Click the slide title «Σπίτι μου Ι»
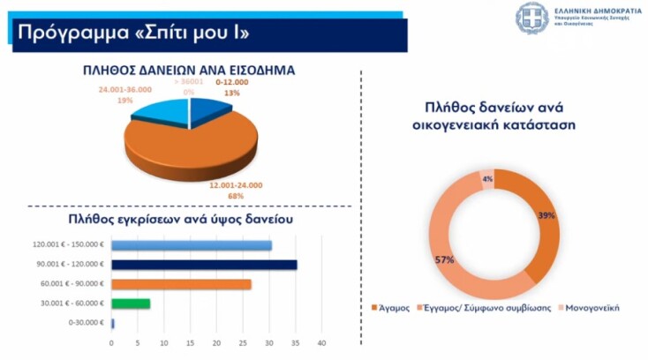(132, 34)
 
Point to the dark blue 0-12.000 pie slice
(209, 113)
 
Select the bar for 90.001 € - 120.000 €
(204, 265)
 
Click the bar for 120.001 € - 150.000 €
(192, 245)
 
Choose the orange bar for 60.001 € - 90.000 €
(181, 284)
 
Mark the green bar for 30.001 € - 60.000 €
(131, 304)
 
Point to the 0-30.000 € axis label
(87, 323)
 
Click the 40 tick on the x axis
(321, 342)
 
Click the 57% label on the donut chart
(444, 259)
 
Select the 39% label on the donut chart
(546, 215)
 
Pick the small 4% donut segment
(487, 178)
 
